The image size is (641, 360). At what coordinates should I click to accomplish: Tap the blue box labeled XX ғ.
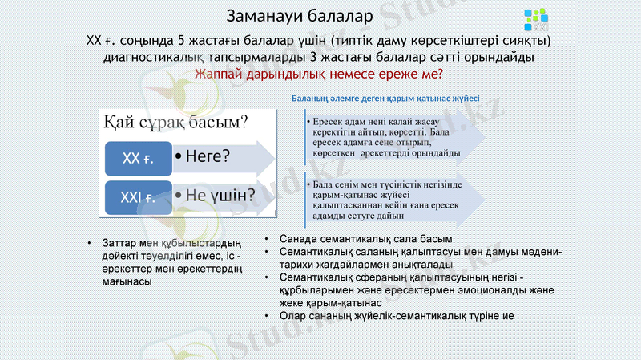coord(138,158)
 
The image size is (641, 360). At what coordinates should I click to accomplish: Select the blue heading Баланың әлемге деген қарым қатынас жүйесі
coord(385,99)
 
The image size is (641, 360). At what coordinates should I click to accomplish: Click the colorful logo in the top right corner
coord(534,17)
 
